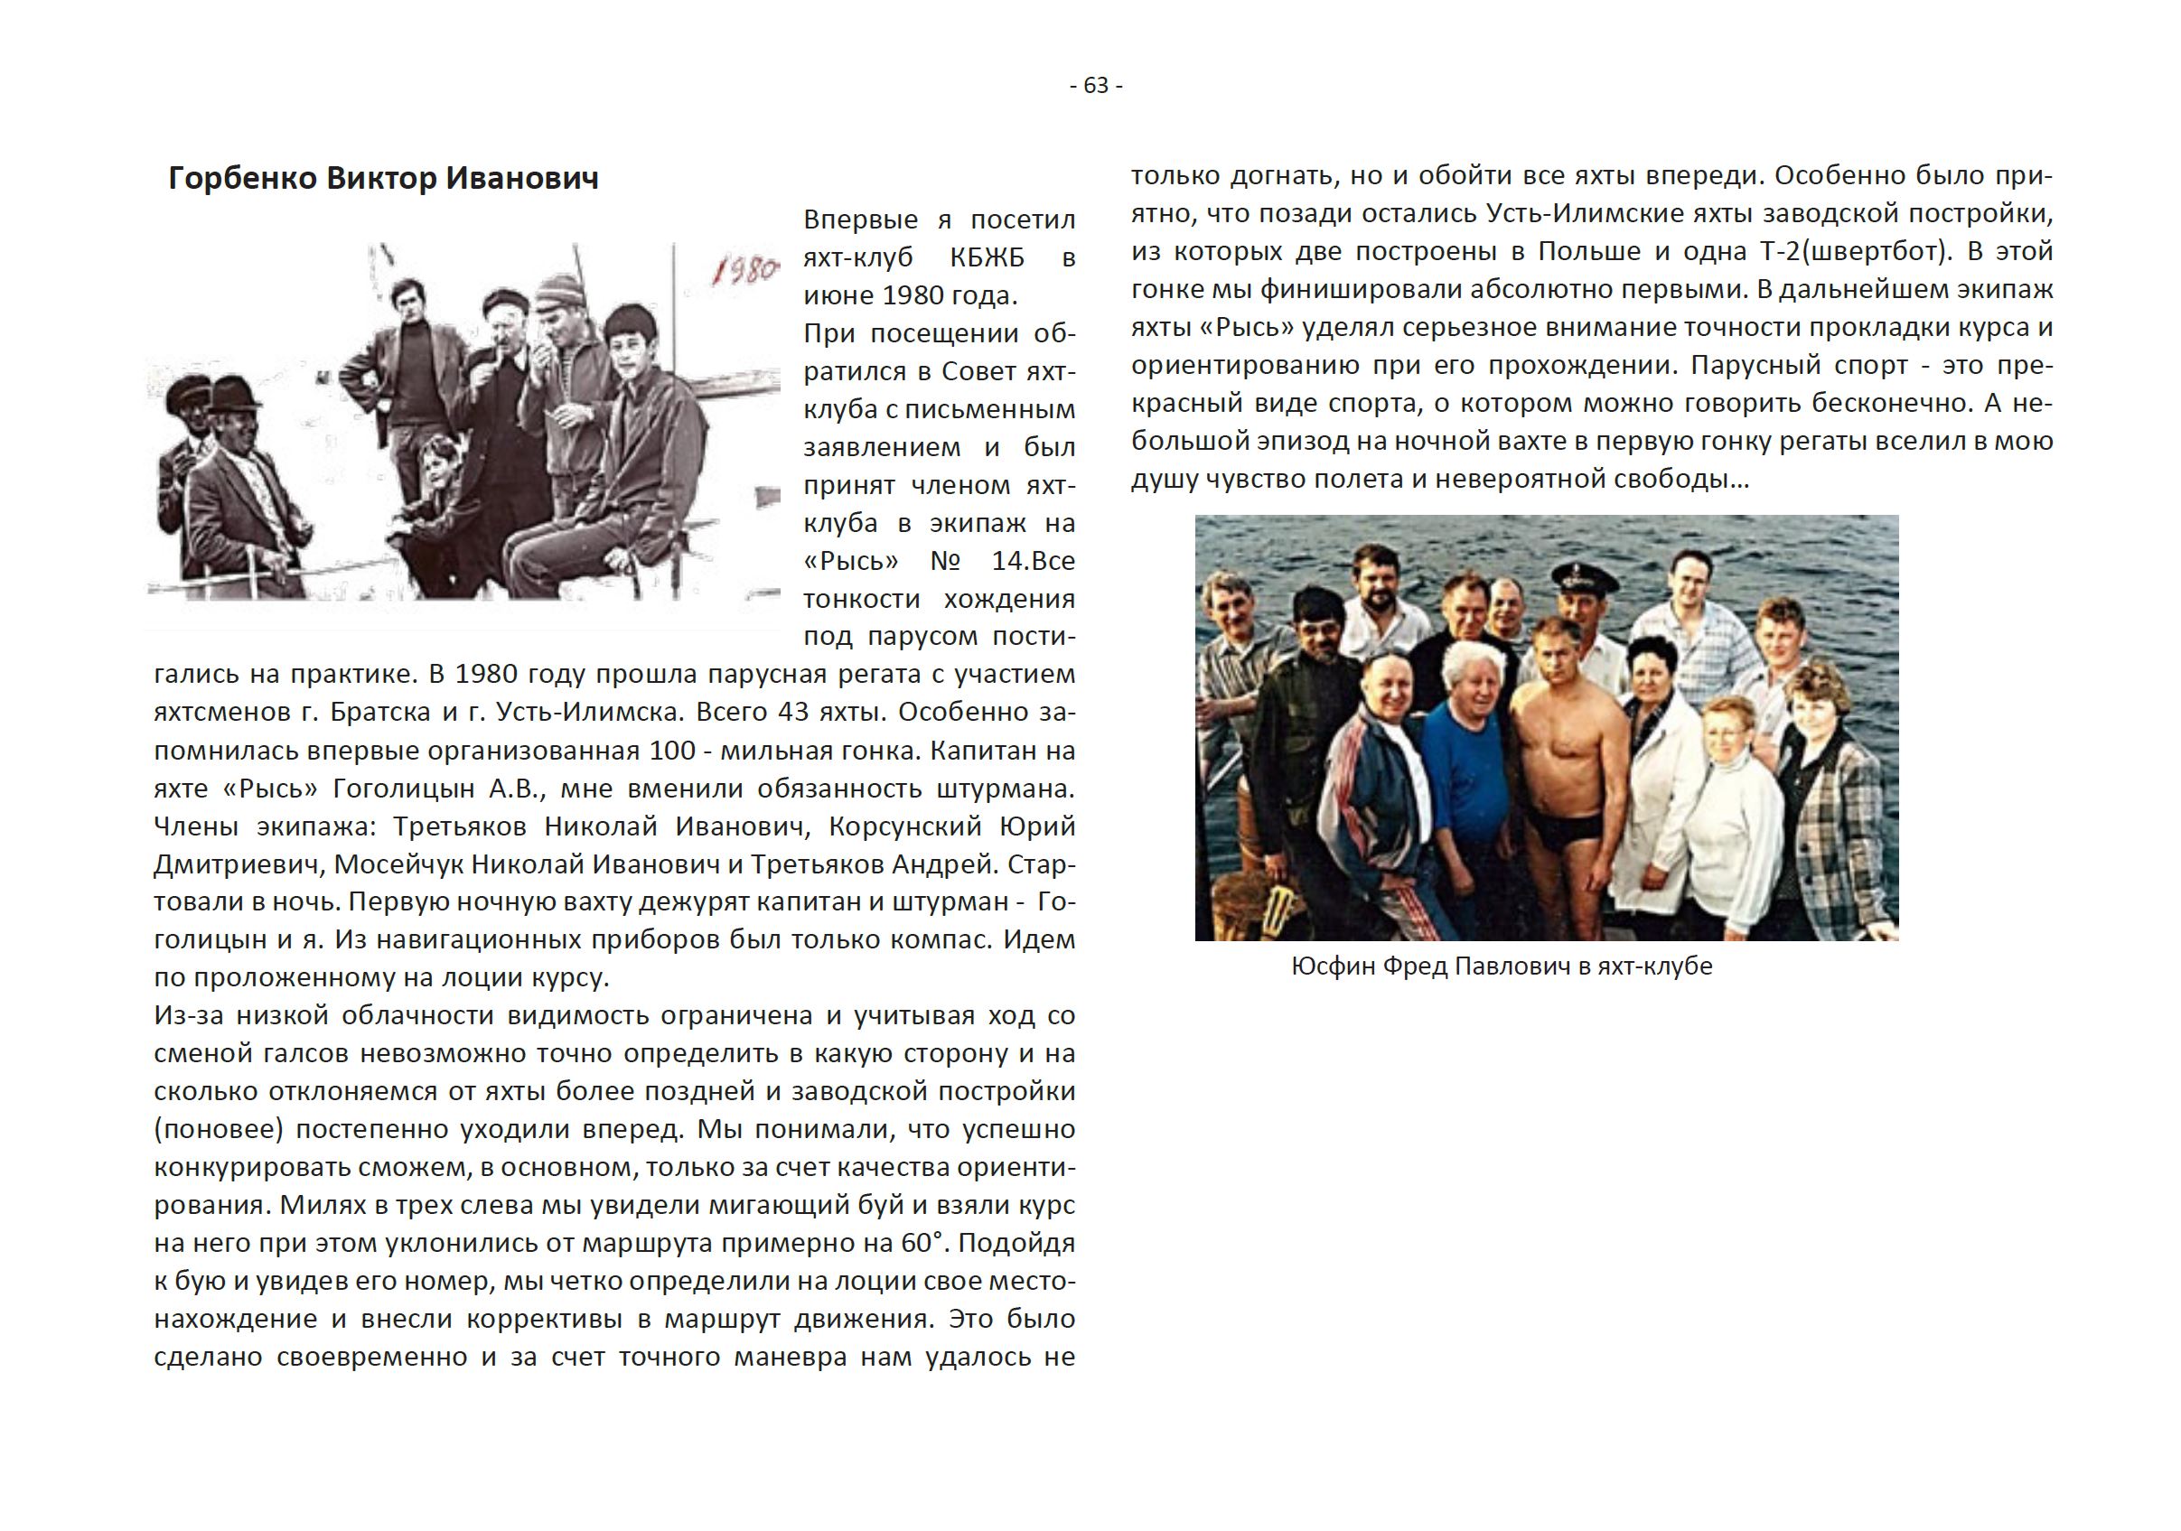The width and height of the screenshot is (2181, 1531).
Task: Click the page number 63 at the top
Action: pyautogui.click(x=1095, y=86)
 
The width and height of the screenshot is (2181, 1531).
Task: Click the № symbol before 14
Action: pyautogui.click(x=945, y=561)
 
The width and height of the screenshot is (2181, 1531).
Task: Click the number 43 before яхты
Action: pyautogui.click(x=793, y=713)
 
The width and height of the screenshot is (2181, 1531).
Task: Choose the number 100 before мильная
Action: pyautogui.click(x=672, y=751)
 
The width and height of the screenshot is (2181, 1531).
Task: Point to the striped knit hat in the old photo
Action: pyautogui.click(x=559, y=290)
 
